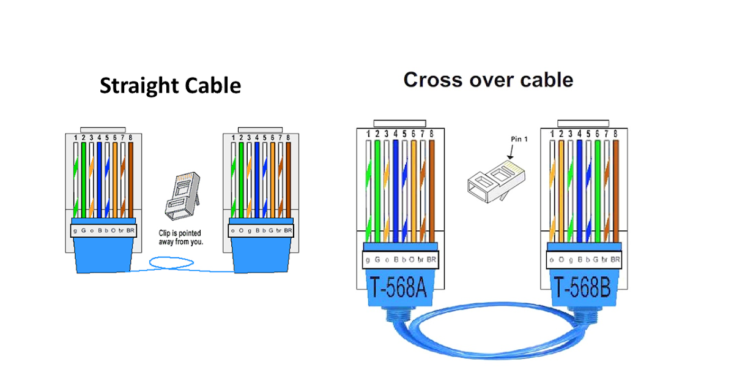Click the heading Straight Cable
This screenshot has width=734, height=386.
click(x=170, y=85)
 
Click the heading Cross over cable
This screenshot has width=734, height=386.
click(x=487, y=80)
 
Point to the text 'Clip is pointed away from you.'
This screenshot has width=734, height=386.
click(x=185, y=238)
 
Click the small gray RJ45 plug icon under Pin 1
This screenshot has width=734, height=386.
click(x=496, y=177)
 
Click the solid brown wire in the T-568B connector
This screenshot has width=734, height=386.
click(x=615, y=190)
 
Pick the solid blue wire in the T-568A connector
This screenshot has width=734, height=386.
click(x=396, y=190)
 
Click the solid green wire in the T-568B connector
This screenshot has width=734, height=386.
click(x=597, y=190)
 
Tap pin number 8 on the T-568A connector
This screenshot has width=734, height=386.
click(x=432, y=134)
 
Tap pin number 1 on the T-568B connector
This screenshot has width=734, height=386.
click(x=552, y=134)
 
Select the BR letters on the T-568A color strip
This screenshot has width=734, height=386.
click(x=432, y=260)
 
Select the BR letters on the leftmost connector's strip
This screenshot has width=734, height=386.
click(x=130, y=231)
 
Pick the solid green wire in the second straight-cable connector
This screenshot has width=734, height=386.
click(x=242, y=178)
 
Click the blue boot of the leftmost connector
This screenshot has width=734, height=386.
click(x=102, y=254)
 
